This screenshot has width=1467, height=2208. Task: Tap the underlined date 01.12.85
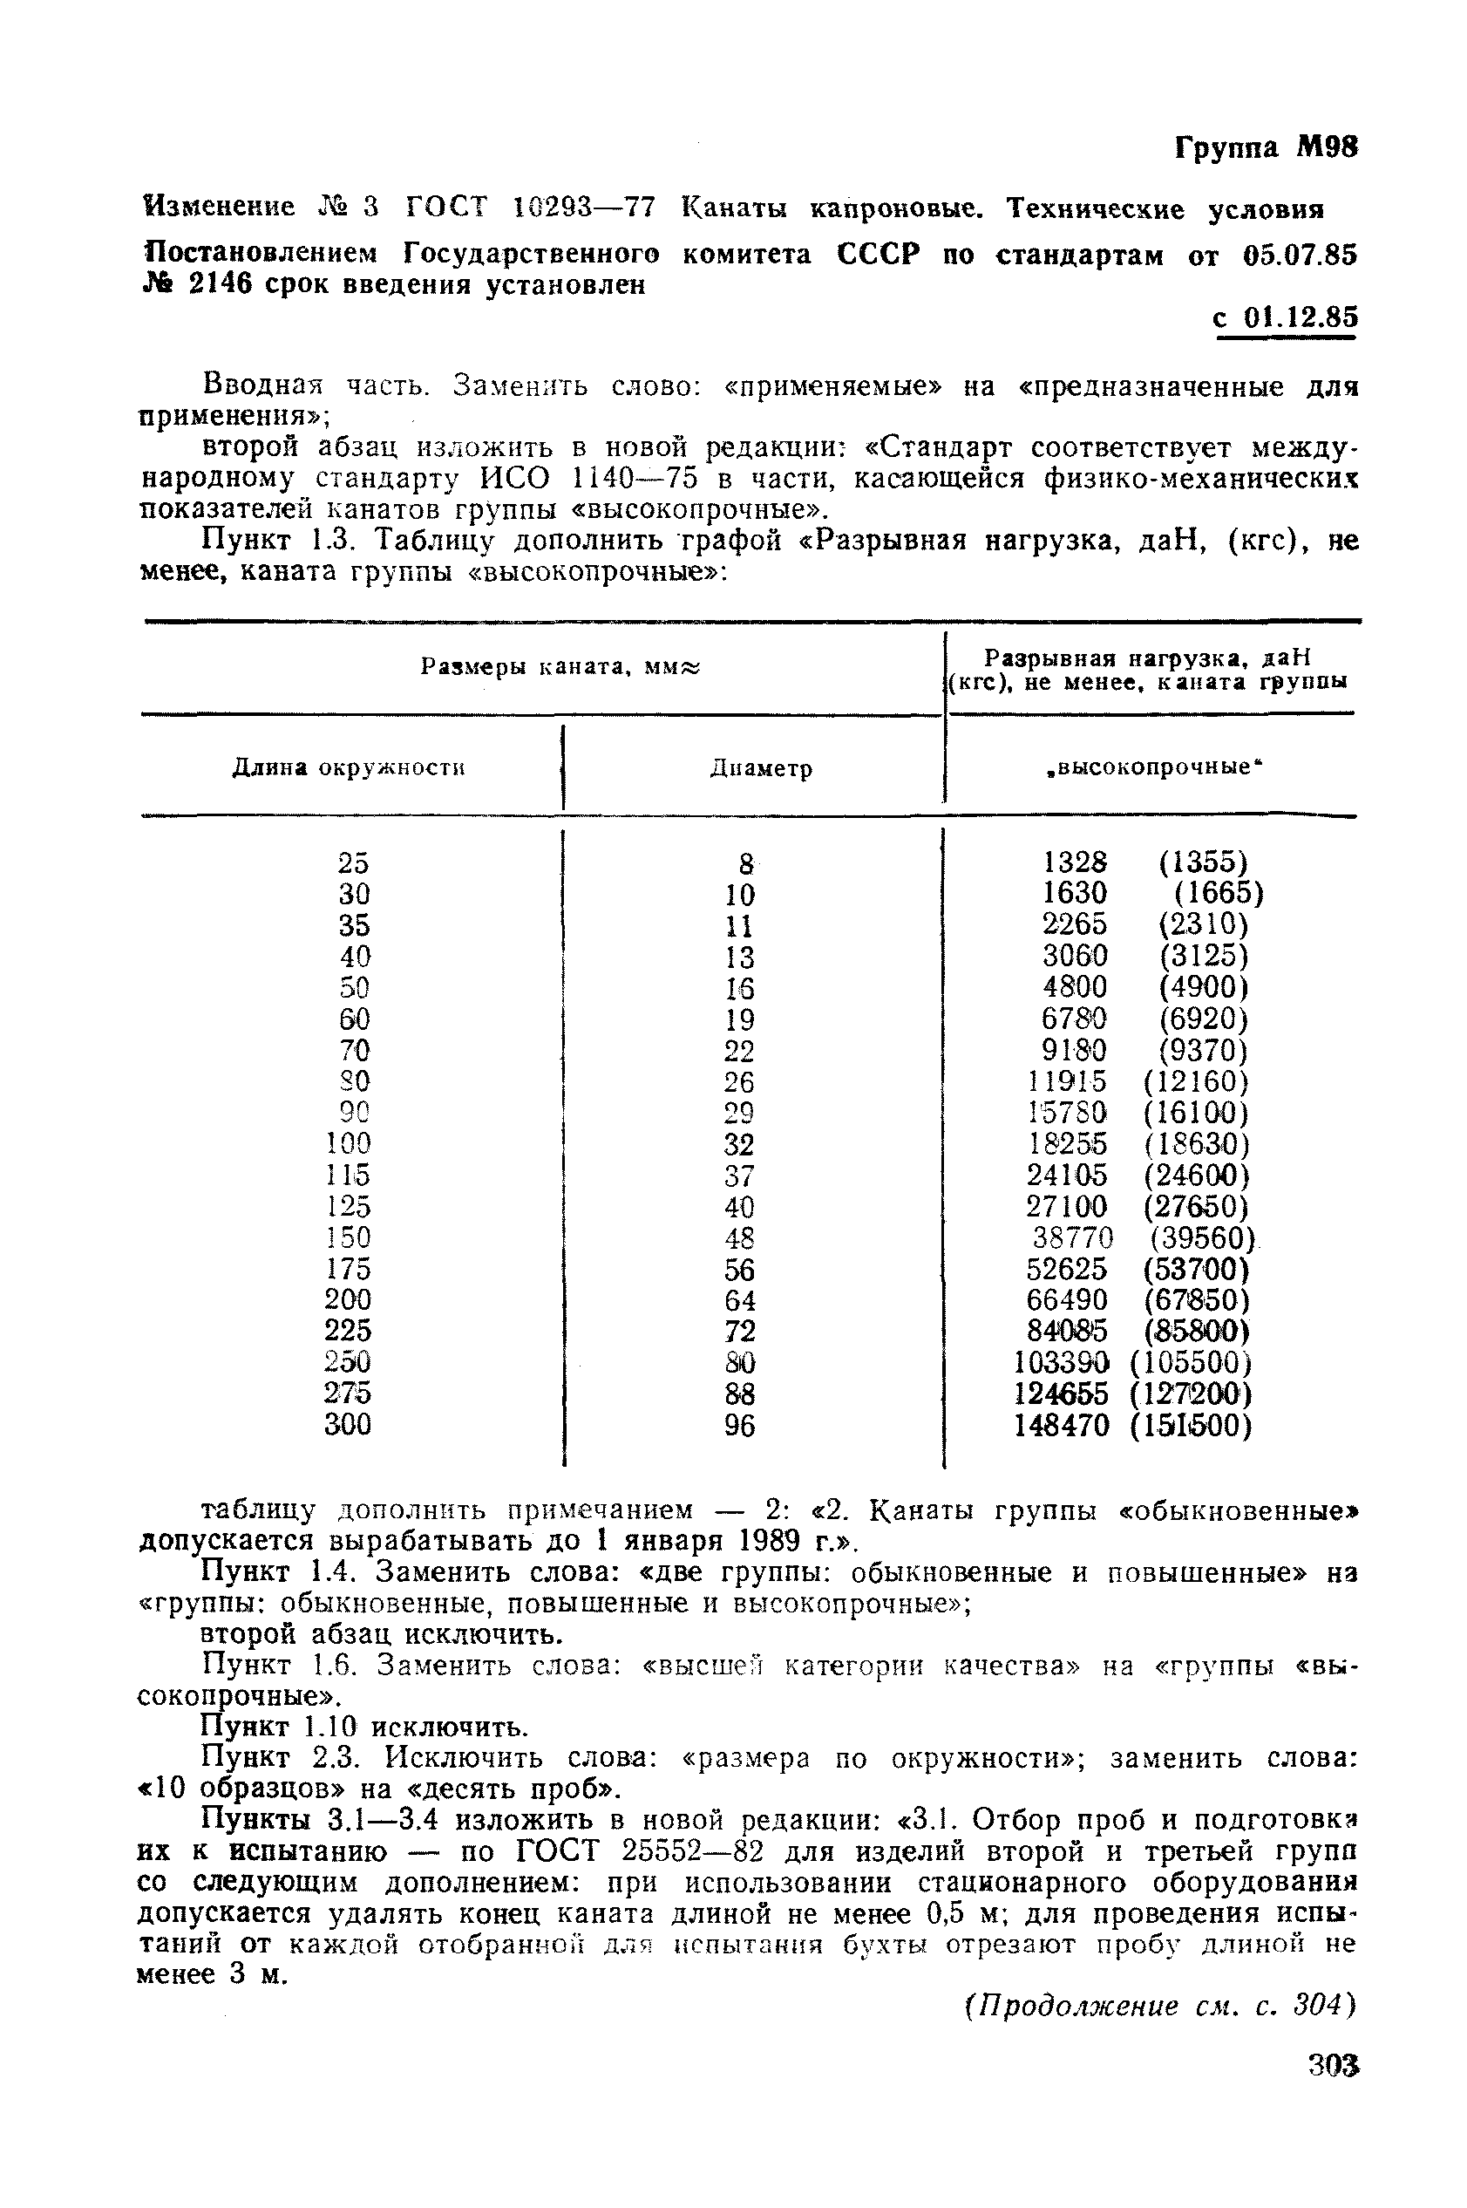pyautogui.click(x=1300, y=318)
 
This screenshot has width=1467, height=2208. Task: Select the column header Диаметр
pyautogui.click(x=761, y=768)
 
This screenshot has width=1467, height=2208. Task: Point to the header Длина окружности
pyautogui.click(x=348, y=768)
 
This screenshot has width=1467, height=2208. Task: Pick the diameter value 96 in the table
pyautogui.click(x=739, y=1426)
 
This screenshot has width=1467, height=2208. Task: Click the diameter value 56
pyautogui.click(x=739, y=1269)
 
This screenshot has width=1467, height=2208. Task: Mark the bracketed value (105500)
pyautogui.click(x=1190, y=1363)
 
